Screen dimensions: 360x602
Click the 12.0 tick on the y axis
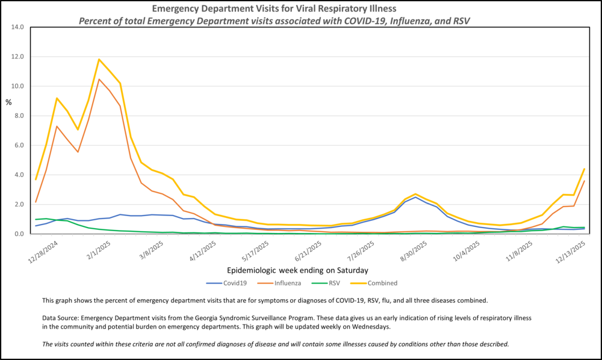tap(16, 57)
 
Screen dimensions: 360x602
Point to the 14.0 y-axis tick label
tap(16, 27)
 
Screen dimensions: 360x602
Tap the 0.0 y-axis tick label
tap(18, 234)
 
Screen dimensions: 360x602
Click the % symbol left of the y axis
tap(8, 102)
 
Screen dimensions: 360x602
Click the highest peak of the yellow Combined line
tap(99, 59)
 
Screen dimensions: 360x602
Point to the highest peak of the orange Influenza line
tap(99, 79)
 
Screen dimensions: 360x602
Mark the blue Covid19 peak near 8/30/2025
tap(415, 197)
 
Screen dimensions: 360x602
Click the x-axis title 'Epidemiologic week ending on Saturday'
tap(298, 270)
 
